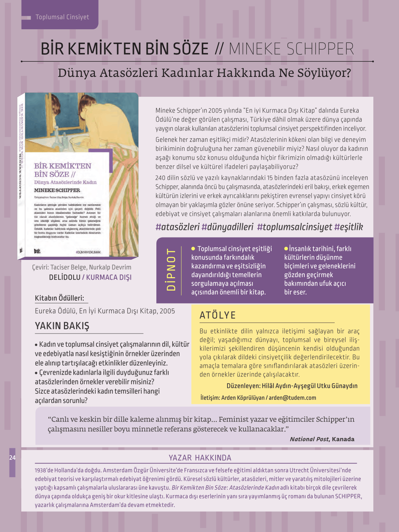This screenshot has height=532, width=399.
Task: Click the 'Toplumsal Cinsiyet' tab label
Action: click(62, 17)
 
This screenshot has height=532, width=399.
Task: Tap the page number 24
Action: click(12, 458)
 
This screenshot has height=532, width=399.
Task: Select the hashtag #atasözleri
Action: click(177, 227)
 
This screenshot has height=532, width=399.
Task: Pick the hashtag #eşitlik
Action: click(348, 227)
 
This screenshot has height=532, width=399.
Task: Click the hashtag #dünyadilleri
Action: click(227, 227)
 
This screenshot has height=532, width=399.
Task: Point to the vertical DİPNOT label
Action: click(171, 269)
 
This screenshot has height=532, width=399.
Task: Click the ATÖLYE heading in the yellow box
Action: click(217, 315)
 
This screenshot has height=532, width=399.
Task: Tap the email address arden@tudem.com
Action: click(292, 398)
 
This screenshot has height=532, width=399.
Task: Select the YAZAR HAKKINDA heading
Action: click(200, 458)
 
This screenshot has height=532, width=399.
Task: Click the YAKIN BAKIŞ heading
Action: click(62, 326)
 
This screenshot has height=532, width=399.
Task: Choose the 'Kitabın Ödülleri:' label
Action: click(60, 298)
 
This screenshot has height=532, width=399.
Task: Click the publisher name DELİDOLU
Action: click(65, 277)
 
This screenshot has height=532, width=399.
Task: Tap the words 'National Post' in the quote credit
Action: click(309, 439)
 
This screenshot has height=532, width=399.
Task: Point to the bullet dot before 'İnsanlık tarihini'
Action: click(286, 249)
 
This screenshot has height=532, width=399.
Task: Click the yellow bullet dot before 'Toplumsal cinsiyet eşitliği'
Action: click(193, 249)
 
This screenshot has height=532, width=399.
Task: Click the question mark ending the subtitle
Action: click(348, 73)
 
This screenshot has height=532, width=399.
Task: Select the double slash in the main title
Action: click(219, 49)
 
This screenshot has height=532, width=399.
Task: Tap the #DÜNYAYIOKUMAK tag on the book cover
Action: click(88, 252)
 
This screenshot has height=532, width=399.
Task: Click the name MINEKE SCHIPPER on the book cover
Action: click(57, 190)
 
